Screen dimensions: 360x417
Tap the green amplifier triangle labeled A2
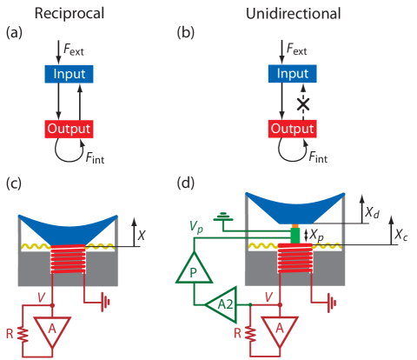click(221, 304)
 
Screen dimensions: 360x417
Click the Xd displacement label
click(395, 211)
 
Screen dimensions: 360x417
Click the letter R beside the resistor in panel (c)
click(10, 332)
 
